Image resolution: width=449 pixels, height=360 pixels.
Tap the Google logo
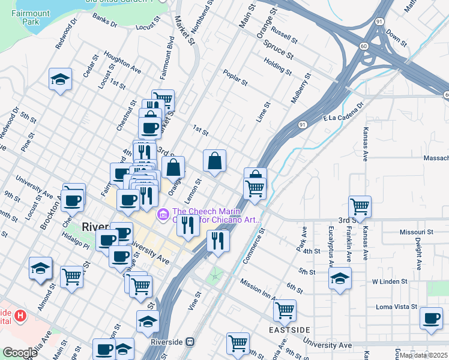tap(19, 353)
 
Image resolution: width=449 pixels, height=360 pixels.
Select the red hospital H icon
tap(21, 315)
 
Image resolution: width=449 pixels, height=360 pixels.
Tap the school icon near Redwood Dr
tap(60, 79)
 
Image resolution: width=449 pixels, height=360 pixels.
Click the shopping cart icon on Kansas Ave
tap(360, 206)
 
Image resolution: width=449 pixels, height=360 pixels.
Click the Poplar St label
tap(235, 77)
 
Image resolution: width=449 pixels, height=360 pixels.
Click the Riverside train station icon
tap(190, 342)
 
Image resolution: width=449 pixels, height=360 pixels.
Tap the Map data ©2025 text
tap(424, 355)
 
